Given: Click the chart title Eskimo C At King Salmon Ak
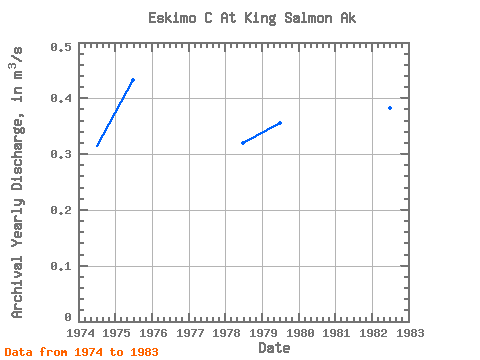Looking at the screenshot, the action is pyautogui.click(x=252, y=18).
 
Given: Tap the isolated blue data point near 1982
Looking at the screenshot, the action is pyautogui.click(x=390, y=108).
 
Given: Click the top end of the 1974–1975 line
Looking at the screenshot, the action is pyautogui.click(x=133, y=80).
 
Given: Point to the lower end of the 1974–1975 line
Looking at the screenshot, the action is pyautogui.click(x=97, y=146).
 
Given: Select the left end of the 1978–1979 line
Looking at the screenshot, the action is pyautogui.click(x=243, y=143).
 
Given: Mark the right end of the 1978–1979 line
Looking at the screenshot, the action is pyautogui.click(x=280, y=123).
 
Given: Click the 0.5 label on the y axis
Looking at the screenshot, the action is pyautogui.click(x=61, y=47).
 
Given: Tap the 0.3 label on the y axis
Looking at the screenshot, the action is pyautogui.click(x=61, y=154).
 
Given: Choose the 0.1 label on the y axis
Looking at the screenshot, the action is pyautogui.click(x=61, y=266).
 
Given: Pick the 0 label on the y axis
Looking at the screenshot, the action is pyautogui.click(x=68, y=317).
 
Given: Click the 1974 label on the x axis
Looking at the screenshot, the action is pyautogui.click(x=80, y=333).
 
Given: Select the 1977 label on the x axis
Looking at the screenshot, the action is pyautogui.click(x=190, y=333).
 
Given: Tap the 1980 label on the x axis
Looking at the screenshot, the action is pyautogui.click(x=300, y=333).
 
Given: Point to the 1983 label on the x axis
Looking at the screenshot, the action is pyautogui.click(x=410, y=333).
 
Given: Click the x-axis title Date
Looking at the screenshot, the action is pyautogui.click(x=274, y=348).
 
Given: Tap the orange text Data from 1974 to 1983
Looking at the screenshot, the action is pyautogui.click(x=81, y=352).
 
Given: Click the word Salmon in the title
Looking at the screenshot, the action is pyautogui.click(x=308, y=18).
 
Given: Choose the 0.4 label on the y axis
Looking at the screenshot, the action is pyautogui.click(x=61, y=98).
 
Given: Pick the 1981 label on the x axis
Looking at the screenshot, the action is pyautogui.click(x=336, y=333).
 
